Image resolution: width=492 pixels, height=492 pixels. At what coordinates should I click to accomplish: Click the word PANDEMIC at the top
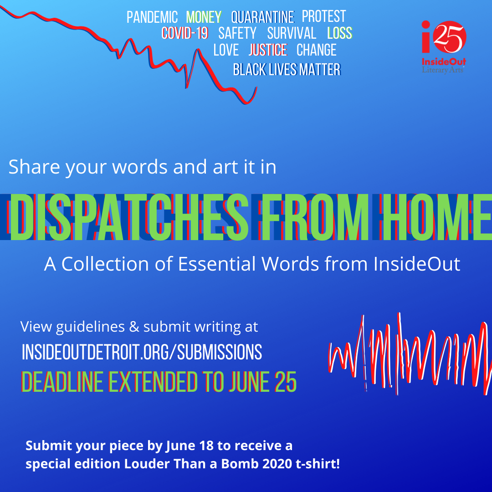point(152,17)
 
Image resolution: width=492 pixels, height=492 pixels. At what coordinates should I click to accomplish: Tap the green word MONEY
point(204,17)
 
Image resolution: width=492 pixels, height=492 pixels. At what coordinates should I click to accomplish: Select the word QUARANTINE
point(263,17)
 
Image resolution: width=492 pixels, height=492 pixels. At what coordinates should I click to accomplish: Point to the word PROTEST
point(323,16)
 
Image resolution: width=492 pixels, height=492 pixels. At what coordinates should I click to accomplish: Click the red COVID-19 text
point(185,33)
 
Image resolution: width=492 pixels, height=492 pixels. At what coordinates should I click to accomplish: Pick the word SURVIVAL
point(292,33)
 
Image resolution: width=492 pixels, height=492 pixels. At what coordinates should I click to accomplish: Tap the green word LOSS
point(340,33)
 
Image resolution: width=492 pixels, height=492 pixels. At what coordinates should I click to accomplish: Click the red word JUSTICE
point(268,50)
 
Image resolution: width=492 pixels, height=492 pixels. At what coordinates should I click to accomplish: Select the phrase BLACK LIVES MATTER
point(287,69)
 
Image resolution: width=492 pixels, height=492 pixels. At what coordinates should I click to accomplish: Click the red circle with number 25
point(449,37)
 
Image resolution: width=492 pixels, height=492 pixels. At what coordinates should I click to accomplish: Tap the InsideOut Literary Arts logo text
point(444,65)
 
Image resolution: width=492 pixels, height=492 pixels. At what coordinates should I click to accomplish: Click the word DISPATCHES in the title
point(128,217)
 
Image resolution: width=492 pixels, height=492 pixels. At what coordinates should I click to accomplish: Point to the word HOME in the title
point(436,217)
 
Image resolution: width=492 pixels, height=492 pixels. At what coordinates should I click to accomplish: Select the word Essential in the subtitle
point(217,264)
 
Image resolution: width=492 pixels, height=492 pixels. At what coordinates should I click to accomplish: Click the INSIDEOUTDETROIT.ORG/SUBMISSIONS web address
point(142,352)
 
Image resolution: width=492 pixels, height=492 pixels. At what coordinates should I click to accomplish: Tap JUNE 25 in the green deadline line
point(263,382)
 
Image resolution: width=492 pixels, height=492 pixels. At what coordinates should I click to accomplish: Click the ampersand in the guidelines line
point(134,327)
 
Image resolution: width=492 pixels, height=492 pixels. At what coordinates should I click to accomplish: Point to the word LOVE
point(226,50)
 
